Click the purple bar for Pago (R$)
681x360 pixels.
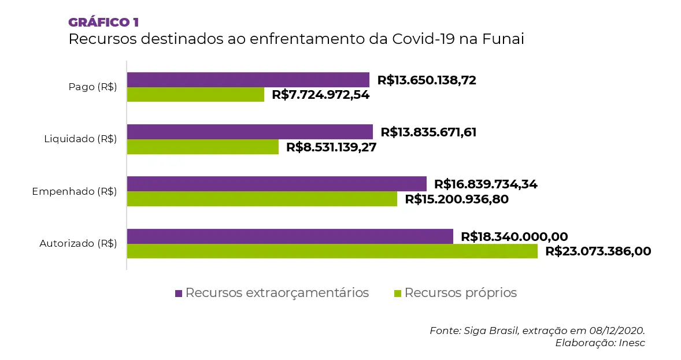[x=247, y=80]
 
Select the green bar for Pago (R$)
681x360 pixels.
[x=195, y=95]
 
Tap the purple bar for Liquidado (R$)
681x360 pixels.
[x=250, y=132]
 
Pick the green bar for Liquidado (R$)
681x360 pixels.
[x=202, y=147]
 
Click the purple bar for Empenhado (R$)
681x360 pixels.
[x=276, y=184]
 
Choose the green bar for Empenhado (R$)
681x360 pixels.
[x=262, y=199]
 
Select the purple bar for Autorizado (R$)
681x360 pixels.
[x=290, y=236]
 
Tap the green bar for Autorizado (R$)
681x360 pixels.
[x=332, y=251]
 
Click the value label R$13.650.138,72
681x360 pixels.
[x=427, y=80]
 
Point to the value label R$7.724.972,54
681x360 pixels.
[x=320, y=95]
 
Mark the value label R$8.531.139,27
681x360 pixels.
[x=331, y=147]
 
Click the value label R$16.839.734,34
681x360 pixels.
[x=486, y=184]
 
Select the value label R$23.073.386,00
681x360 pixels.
[x=598, y=251]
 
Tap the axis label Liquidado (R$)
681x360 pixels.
[x=80, y=139]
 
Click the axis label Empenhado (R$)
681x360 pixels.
[x=75, y=191]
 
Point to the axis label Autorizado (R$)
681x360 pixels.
[x=78, y=243]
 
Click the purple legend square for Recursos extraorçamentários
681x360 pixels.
[x=179, y=294]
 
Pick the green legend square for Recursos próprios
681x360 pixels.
[x=397, y=294]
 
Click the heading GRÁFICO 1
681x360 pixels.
[x=103, y=23]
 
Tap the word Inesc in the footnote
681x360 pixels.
[x=631, y=343]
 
